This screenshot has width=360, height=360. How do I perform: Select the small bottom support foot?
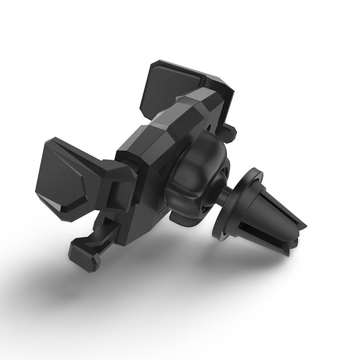pos(83,256)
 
